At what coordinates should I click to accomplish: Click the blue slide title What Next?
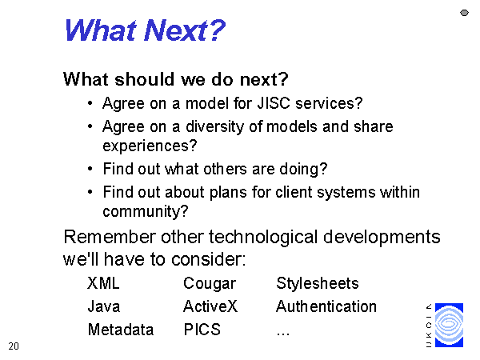click(145, 30)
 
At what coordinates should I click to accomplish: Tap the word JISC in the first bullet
click(274, 103)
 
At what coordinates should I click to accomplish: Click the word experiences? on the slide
click(150, 146)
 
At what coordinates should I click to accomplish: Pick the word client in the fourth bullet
click(294, 192)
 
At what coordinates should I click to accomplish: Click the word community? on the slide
click(146, 212)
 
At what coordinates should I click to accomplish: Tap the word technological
click(263, 238)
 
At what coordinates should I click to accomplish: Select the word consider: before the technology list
click(208, 259)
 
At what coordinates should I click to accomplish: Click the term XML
click(103, 283)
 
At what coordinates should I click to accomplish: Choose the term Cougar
click(210, 284)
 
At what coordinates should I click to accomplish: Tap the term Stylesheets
click(318, 283)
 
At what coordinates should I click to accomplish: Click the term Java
click(103, 306)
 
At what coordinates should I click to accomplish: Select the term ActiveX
click(210, 306)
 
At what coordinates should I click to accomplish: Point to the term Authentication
click(326, 306)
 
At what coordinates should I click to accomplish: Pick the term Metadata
click(121, 330)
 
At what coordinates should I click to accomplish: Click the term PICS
click(202, 330)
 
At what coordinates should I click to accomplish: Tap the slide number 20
click(14, 346)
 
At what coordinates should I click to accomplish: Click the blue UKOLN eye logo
click(449, 325)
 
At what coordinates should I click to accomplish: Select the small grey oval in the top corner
click(464, 13)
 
